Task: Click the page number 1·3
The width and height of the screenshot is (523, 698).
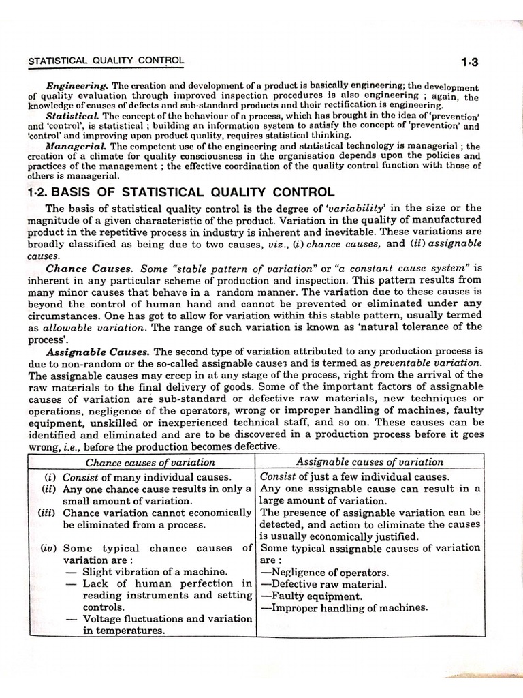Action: point(469,63)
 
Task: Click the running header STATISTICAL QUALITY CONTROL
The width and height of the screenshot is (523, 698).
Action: point(106,61)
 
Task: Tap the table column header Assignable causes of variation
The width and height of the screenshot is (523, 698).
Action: point(370,462)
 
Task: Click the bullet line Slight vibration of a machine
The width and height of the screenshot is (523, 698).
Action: point(155,572)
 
